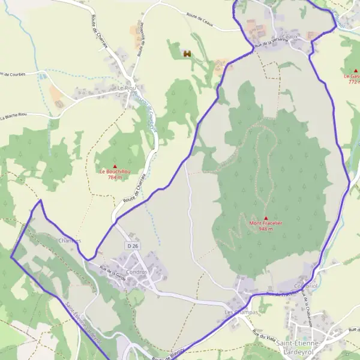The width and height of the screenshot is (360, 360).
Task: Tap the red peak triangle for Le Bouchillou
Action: click(115, 166)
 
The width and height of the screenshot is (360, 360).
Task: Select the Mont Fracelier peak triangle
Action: click(266, 218)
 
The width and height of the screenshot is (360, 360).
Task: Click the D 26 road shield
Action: click(132, 245)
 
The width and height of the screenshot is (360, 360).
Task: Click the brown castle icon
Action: click(187, 54)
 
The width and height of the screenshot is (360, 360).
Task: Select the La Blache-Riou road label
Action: click(14, 115)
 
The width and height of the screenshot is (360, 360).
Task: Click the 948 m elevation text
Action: click(266, 229)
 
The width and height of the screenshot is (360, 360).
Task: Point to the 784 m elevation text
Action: click(115, 178)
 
